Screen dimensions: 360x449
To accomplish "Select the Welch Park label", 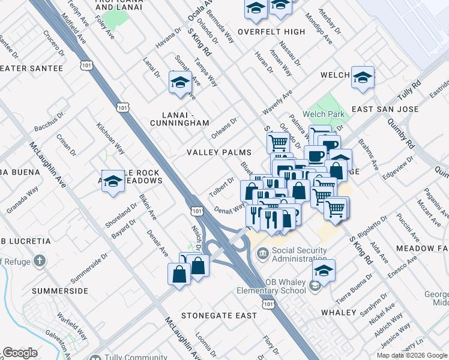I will coord(323,114).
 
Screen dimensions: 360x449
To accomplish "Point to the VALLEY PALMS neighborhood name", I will coord(218,153).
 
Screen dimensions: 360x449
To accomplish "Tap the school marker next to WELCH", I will coord(363,78).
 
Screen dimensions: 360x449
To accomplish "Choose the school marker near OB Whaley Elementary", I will coord(324,271).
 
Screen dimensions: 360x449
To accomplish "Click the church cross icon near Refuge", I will coord(39,261).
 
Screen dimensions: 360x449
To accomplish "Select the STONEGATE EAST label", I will coord(219,315).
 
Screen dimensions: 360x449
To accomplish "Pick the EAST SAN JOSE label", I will coord(385,109).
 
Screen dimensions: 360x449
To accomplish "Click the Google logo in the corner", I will coord(20,353).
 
